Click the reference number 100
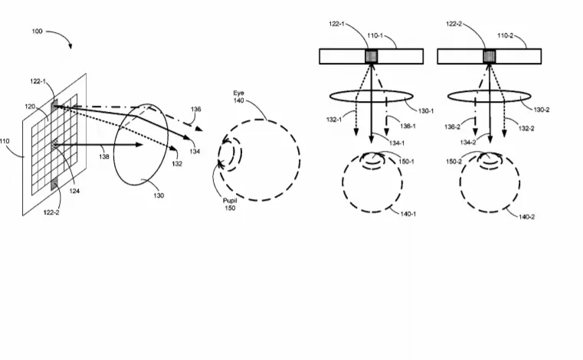(x=38, y=31)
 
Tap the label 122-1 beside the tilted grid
(x=38, y=81)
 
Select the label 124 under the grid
(x=74, y=191)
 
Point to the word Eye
(x=239, y=93)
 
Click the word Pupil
(x=230, y=201)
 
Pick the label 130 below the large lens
(x=159, y=195)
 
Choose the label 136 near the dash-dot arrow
(x=196, y=110)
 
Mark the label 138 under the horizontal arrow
(x=104, y=156)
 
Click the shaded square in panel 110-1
(x=371, y=57)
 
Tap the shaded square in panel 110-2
(x=489, y=57)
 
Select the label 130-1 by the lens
(x=426, y=111)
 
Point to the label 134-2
(x=468, y=142)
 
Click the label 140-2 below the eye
(x=526, y=217)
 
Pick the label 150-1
(x=406, y=162)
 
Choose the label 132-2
(x=526, y=129)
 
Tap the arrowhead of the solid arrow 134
(x=188, y=137)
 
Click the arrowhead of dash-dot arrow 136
(x=199, y=129)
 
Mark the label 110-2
(x=506, y=36)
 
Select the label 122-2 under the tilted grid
(x=51, y=212)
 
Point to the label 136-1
(x=408, y=126)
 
